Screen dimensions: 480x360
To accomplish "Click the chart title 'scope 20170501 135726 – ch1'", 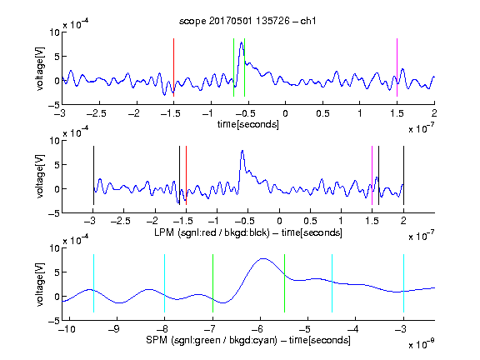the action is pyautogui.click(x=247, y=21).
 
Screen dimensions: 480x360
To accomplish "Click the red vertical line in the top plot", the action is pyautogui.click(x=173, y=67).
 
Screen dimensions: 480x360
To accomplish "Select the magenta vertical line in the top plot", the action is pyautogui.click(x=397, y=67).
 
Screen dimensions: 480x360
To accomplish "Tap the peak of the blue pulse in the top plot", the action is pyautogui.click(x=242, y=42).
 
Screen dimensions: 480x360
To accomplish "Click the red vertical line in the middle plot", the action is pyautogui.click(x=186, y=175).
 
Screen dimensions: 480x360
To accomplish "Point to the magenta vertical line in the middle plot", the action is pyautogui.click(x=372, y=175).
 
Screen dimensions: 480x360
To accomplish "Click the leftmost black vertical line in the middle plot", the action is pyautogui.click(x=93, y=175).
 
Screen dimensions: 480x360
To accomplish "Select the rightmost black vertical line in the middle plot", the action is pyautogui.click(x=403, y=175).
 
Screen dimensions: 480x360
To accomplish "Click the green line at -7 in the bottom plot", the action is pyautogui.click(x=212, y=283).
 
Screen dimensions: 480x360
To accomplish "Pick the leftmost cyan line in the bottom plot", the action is pyautogui.click(x=93, y=283).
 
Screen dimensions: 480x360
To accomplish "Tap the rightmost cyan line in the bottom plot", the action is pyautogui.click(x=403, y=283).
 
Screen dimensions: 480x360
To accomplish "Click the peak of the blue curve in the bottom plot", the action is pyautogui.click(x=263, y=258).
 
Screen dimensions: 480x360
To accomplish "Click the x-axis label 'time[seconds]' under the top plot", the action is pyautogui.click(x=248, y=124).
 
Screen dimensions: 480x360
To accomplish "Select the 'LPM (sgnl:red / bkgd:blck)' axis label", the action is pyautogui.click(x=212, y=232).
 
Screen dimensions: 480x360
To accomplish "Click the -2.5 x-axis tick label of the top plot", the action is pyautogui.click(x=96, y=113).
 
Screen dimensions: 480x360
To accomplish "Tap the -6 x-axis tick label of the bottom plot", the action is pyautogui.click(x=258, y=329).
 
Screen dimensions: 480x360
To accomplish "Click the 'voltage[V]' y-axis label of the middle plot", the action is pyautogui.click(x=40, y=177).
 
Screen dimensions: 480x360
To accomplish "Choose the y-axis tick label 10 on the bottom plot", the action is pyautogui.click(x=54, y=248).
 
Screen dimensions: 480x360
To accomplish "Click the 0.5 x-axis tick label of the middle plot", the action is pyautogui.click(x=310, y=221).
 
